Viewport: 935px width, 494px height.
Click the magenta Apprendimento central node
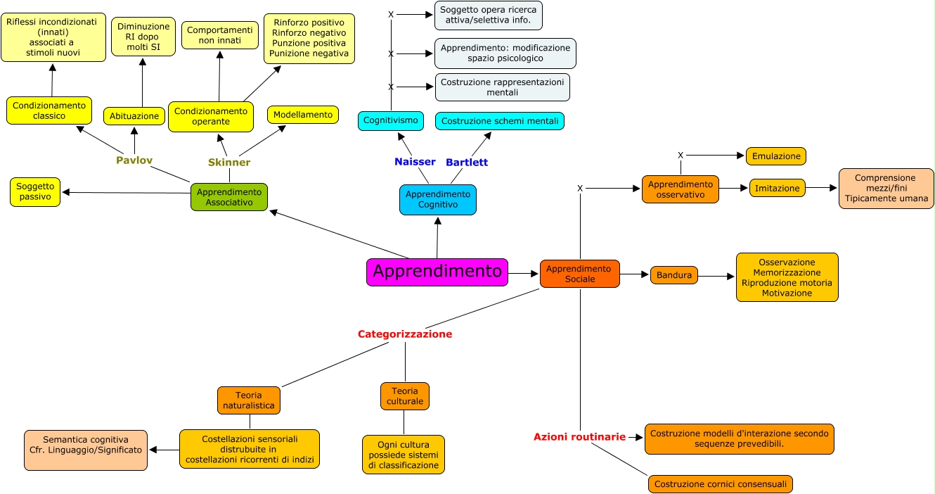click(437, 272)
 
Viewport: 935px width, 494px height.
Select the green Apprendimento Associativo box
click(229, 197)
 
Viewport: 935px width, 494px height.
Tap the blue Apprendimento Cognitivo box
click(438, 200)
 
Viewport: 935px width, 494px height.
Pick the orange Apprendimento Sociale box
click(579, 274)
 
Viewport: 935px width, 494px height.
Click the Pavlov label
click(134, 160)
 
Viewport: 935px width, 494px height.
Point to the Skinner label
click(229, 163)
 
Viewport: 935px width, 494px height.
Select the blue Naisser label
click(415, 162)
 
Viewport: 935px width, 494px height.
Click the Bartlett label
click(467, 163)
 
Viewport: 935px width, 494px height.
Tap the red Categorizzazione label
click(405, 334)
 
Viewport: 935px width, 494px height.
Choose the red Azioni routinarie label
click(579, 437)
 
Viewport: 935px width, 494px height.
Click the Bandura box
click(674, 275)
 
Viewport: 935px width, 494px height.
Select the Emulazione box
click(776, 156)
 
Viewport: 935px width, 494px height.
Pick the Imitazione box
click(778, 188)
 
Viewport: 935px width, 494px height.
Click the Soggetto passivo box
click(35, 192)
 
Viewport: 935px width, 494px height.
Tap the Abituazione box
click(134, 116)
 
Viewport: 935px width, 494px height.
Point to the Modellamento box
click(303, 115)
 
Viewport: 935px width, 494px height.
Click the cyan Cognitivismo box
click(391, 121)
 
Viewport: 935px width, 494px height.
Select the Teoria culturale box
click(405, 396)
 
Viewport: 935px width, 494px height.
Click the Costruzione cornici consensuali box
click(721, 484)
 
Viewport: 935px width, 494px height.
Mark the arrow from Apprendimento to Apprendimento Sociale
click(524, 273)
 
